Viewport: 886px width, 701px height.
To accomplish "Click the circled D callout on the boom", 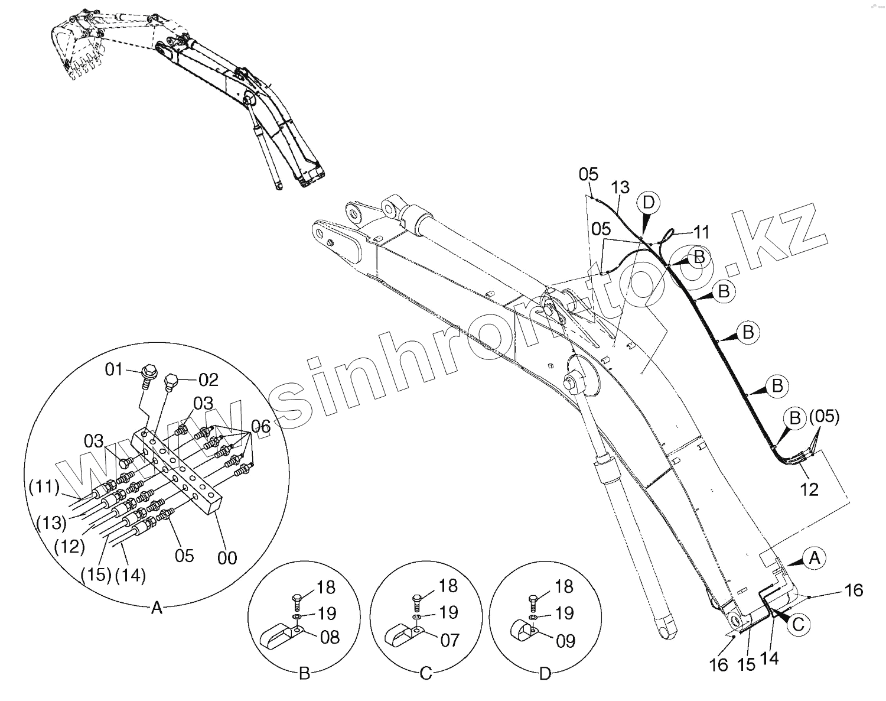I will click(649, 203).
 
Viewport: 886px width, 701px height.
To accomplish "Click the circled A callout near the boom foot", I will click(815, 557).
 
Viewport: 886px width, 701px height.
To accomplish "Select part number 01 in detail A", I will click(114, 371).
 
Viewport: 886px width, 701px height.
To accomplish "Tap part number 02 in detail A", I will click(209, 379).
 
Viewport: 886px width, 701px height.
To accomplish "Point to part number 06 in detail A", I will click(261, 426).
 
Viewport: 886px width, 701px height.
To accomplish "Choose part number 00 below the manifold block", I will click(227, 557).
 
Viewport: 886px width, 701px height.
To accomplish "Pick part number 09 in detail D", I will click(565, 641).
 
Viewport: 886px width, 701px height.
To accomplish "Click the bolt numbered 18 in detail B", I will click(298, 601).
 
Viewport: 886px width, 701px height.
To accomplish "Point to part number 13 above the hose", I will click(620, 188).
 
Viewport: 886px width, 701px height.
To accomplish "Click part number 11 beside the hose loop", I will click(701, 232).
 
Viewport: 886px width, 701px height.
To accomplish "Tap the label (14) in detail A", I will click(131, 575).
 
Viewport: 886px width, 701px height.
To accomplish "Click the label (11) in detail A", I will click(44, 488).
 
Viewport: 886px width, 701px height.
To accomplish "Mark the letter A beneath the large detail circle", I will click(157, 607).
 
